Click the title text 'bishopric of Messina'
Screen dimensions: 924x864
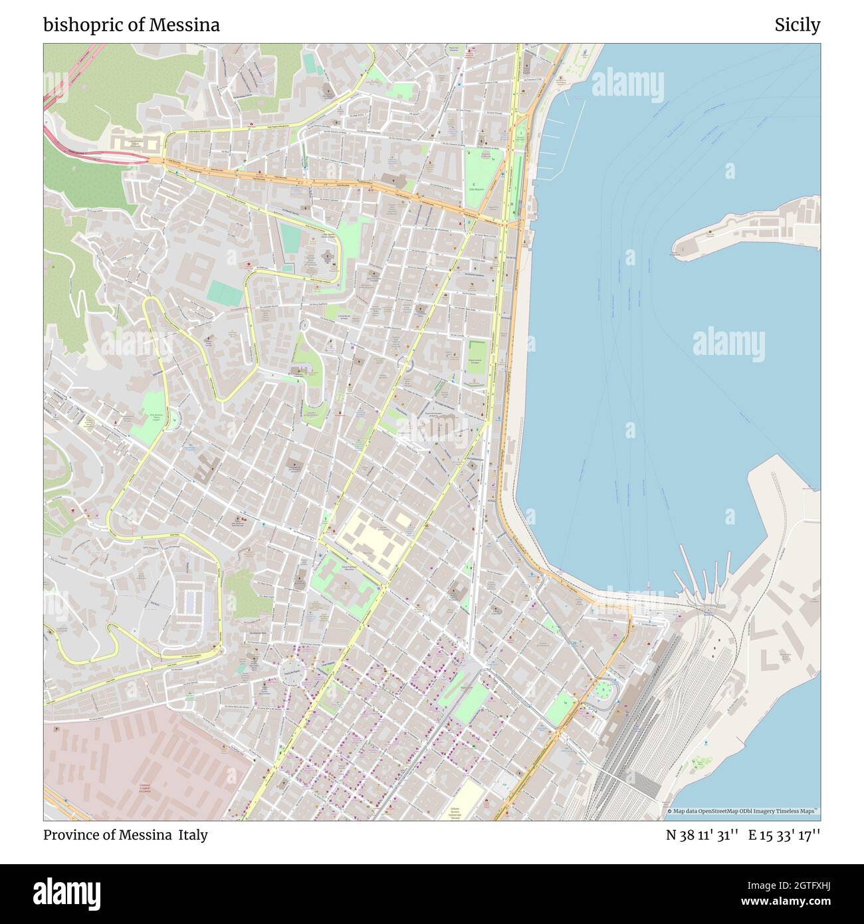coord(132,25)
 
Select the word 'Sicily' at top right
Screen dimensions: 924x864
coord(797,25)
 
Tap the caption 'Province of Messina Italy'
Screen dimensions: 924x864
coord(126,835)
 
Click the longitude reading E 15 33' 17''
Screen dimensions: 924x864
coord(784,835)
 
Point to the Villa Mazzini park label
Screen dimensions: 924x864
coord(476,189)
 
